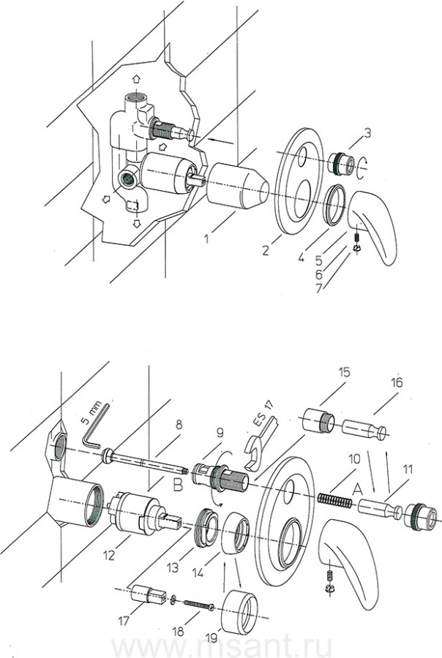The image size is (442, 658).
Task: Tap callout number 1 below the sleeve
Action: point(209,237)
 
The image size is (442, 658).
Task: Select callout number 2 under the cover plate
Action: point(267,250)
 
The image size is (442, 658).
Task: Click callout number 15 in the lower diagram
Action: point(345,372)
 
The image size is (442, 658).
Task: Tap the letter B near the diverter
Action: point(178,483)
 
